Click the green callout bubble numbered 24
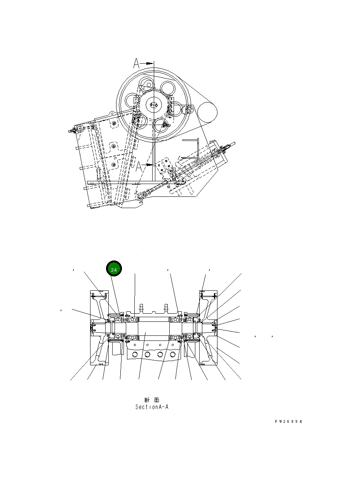pyautogui.click(x=114, y=269)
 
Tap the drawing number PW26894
pyautogui.click(x=288, y=422)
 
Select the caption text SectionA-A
pyautogui.click(x=151, y=407)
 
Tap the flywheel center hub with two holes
pyautogui.click(x=154, y=105)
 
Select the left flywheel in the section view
pyautogui.click(x=99, y=328)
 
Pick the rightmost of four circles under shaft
pyautogui.click(x=172, y=354)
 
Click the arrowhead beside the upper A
pyautogui.click(x=149, y=62)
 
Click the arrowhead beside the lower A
pyautogui.click(x=149, y=165)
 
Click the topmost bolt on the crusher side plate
pyautogui.click(x=113, y=123)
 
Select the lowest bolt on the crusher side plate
pyautogui.click(x=113, y=165)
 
